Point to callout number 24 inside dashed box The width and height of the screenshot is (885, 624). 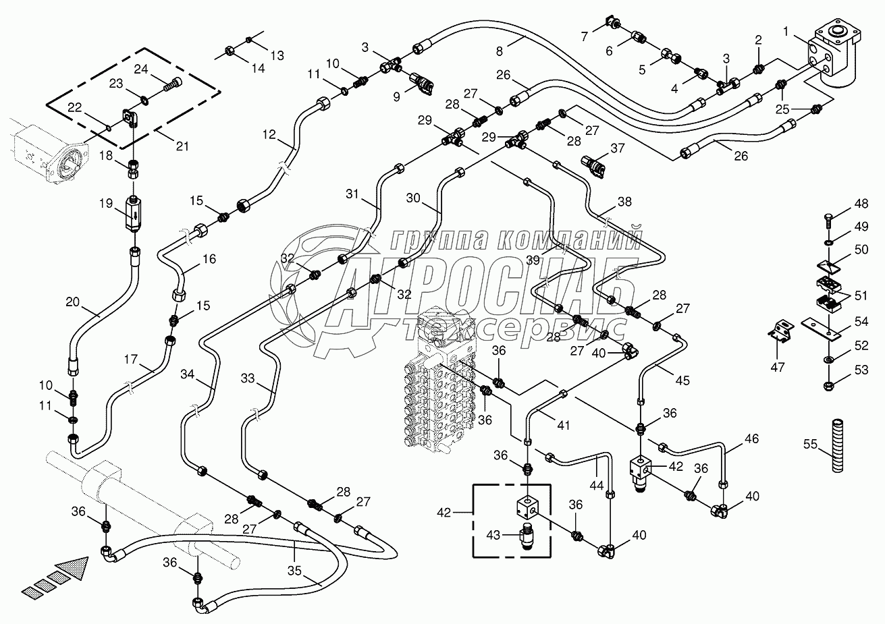coord(140,69)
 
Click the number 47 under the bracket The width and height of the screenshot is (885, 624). coord(778,367)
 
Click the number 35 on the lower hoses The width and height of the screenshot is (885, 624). coord(294,550)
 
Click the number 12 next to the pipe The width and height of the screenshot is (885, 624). coord(269,135)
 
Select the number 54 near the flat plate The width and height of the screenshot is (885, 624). coord(861,322)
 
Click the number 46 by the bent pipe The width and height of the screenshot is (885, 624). coord(732,439)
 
